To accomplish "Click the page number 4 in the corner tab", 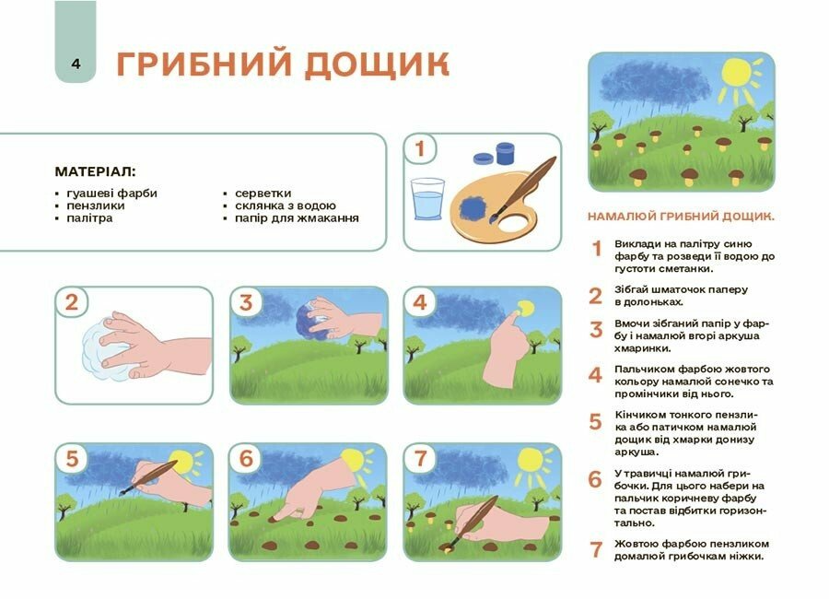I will tap(76, 64).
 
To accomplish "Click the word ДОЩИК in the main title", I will tap(376, 65).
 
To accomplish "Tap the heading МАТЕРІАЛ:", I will tap(95, 171).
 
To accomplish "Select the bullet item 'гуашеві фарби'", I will tap(111, 194).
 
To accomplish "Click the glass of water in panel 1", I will tap(426, 200).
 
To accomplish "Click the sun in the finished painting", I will tap(737, 72).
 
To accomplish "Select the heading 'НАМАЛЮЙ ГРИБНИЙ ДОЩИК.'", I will tap(681, 217).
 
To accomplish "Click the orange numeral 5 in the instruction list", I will tap(596, 422).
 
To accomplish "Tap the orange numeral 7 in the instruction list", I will tap(596, 550).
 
